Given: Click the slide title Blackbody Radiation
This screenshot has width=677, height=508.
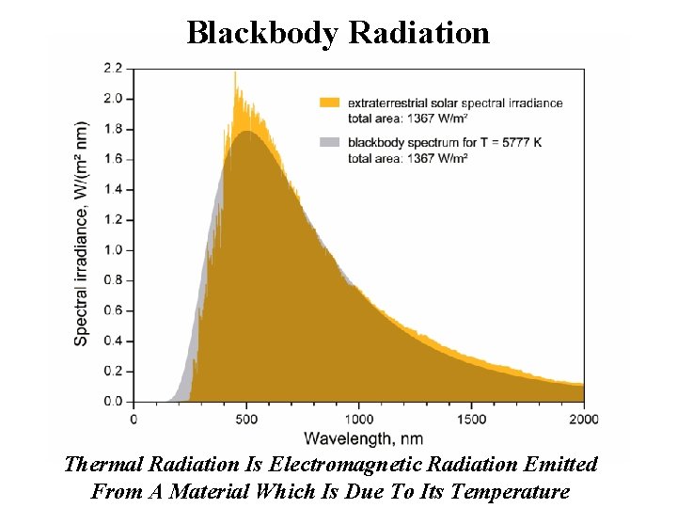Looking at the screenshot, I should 338,32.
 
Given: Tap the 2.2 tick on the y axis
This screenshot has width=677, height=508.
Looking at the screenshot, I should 112,68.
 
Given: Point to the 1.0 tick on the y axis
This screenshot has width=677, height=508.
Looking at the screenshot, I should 112,249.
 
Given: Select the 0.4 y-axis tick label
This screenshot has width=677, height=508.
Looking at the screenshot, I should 112,341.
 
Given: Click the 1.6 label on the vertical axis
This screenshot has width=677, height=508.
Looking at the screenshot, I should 112,159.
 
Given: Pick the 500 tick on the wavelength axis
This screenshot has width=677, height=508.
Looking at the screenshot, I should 246,419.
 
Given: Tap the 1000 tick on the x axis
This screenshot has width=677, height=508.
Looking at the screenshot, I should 358,419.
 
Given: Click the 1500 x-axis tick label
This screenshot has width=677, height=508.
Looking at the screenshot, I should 471,419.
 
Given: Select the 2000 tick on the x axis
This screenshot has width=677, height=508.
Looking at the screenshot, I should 583,419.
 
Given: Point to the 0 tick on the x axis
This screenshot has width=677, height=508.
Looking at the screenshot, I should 134,419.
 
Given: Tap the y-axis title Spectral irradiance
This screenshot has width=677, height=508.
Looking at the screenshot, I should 82,232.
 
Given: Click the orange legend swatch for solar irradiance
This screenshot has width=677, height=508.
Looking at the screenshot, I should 329,102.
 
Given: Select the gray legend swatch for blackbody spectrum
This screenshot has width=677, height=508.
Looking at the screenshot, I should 329,142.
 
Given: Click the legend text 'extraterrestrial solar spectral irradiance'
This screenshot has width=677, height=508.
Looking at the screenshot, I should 455,102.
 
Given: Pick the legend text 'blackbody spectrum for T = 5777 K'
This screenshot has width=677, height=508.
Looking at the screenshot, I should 445,142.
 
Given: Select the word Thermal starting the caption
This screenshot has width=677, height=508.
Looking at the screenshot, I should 99,465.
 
